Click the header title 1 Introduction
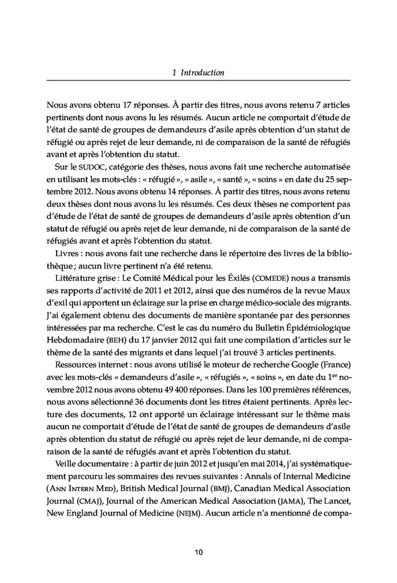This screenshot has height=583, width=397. click(198, 73)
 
